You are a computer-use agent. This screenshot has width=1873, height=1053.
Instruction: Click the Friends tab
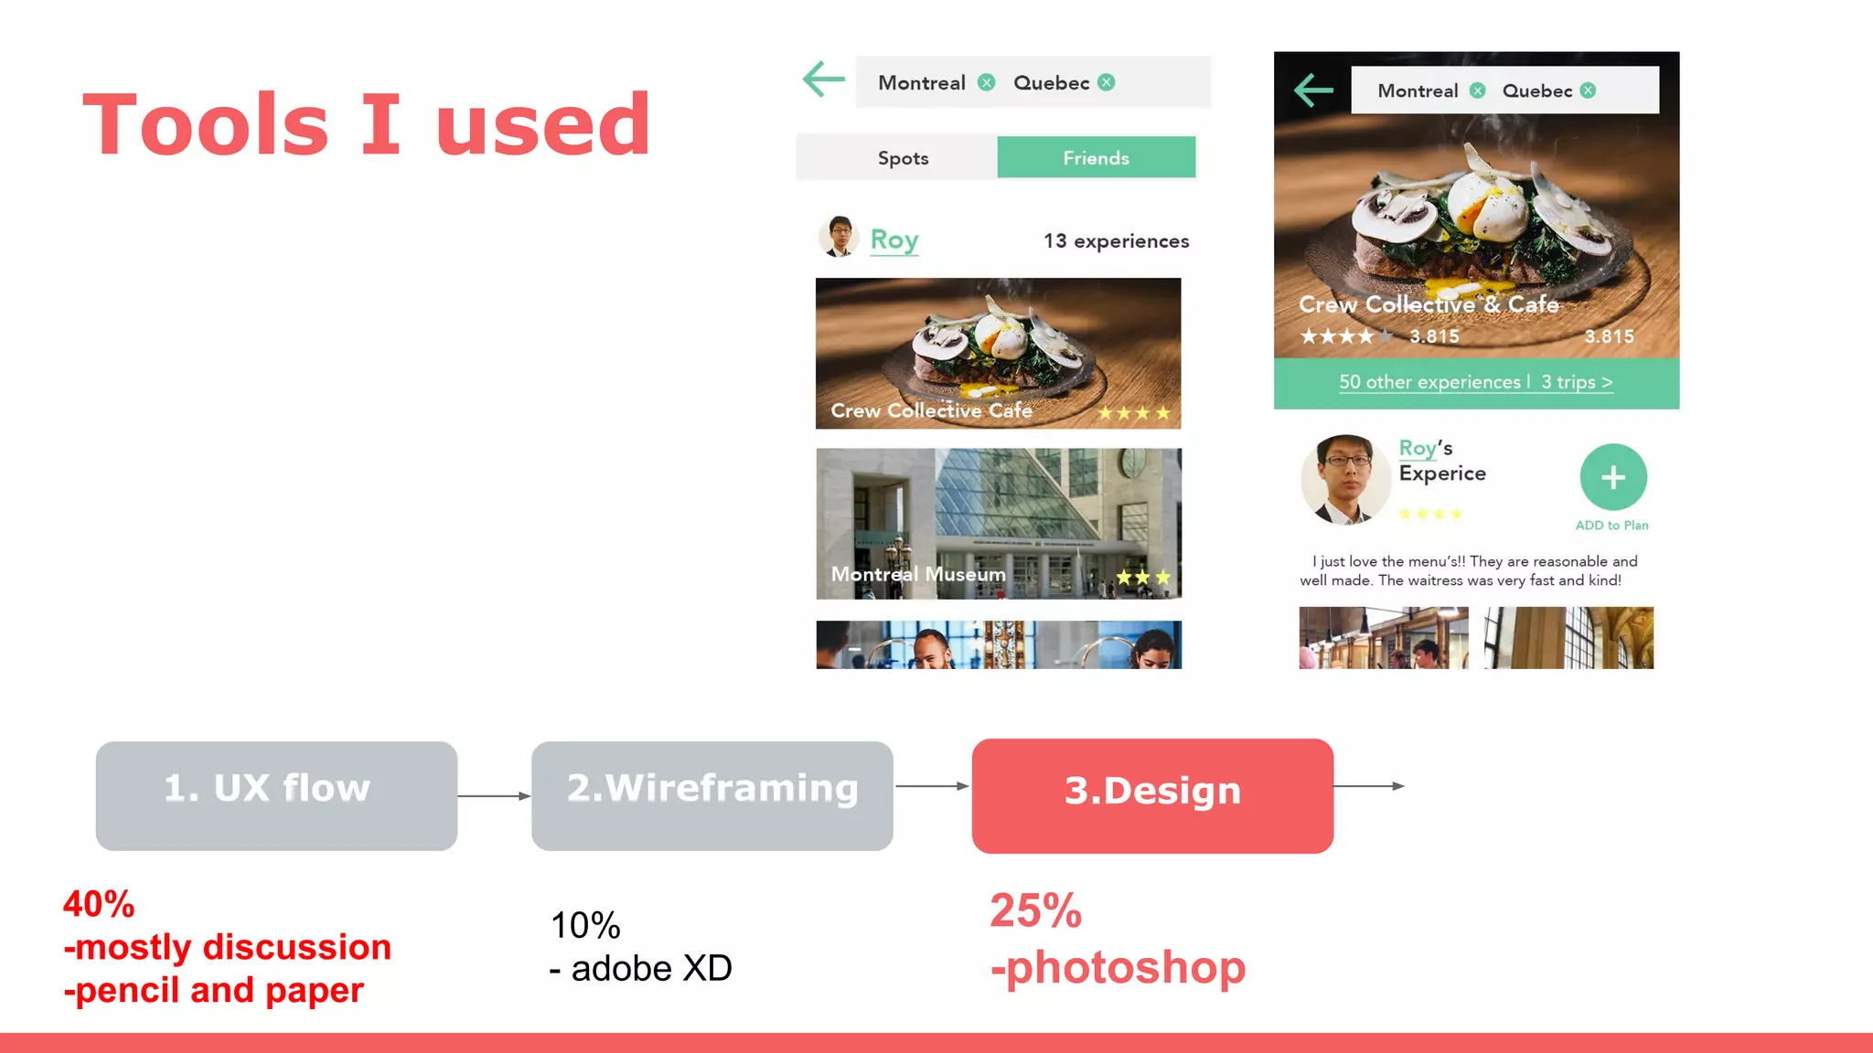[x=1096, y=157]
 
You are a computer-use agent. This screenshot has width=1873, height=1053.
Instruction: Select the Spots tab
[x=903, y=158]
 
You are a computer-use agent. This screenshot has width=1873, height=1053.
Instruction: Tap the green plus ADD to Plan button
[x=1613, y=477]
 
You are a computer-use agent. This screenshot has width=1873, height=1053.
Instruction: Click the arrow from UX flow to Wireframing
[x=494, y=796]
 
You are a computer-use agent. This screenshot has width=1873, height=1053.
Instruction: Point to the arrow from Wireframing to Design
[x=931, y=786]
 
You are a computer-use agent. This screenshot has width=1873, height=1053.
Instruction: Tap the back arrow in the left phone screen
[x=824, y=80]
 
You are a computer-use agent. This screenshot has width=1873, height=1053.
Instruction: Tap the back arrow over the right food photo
[x=1314, y=90]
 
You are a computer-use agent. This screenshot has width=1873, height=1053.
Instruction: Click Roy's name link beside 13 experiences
[x=894, y=239]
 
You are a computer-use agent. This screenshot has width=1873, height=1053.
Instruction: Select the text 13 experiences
[x=1116, y=241]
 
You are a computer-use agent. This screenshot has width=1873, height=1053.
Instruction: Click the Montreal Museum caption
[x=918, y=574]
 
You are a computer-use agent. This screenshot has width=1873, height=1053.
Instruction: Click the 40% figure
[x=99, y=904]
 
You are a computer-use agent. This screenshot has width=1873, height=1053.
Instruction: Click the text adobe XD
[x=651, y=968]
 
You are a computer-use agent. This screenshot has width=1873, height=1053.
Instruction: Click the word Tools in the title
[x=206, y=124]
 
